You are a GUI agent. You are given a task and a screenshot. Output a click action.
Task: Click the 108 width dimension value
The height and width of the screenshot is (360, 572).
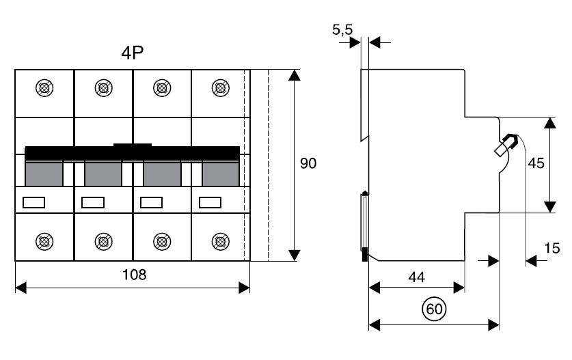click(x=134, y=275)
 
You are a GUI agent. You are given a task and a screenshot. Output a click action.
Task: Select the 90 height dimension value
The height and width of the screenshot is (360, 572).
click(x=309, y=165)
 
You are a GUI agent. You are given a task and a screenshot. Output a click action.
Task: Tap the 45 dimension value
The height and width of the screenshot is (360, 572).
click(x=536, y=164)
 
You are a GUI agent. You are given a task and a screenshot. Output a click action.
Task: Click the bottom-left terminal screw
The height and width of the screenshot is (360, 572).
click(x=44, y=240)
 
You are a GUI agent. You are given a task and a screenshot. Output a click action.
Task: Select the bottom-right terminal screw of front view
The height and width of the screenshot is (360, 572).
click(x=220, y=240)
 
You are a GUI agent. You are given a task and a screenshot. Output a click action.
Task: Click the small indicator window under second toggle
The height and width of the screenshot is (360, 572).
click(x=92, y=202)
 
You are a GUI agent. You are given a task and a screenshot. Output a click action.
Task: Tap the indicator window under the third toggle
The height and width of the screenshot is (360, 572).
click(x=151, y=202)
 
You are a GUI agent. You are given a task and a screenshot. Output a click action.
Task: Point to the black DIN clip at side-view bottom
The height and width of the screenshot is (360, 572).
click(x=365, y=254)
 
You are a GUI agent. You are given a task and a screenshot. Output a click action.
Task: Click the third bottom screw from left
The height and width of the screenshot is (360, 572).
click(x=161, y=240)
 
